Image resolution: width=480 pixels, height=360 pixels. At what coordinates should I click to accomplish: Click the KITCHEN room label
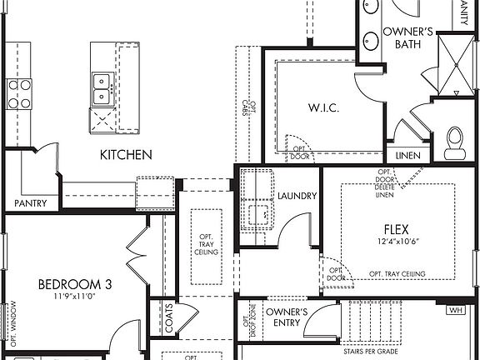pyautogui.click(x=126, y=154)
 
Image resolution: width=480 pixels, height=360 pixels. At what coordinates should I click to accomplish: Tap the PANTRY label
pyautogui.click(x=31, y=203)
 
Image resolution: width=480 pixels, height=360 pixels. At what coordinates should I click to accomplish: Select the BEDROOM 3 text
pyautogui.click(x=75, y=284)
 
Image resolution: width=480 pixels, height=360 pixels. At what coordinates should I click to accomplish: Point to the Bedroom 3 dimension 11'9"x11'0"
pyautogui.click(x=75, y=296)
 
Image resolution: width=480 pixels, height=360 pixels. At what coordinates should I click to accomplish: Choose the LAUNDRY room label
pyautogui.click(x=297, y=196)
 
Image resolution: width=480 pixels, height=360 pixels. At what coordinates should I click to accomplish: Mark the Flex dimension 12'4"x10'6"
pyautogui.click(x=397, y=241)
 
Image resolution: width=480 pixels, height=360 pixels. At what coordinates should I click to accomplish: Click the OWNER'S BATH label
pyautogui.click(x=407, y=39)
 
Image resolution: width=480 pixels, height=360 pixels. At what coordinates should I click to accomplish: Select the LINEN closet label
pyautogui.click(x=408, y=156)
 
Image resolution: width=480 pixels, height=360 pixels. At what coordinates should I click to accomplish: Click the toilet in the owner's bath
pyautogui.click(x=455, y=142)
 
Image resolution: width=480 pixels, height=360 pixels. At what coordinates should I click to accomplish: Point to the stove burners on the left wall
pyautogui.click(x=19, y=93)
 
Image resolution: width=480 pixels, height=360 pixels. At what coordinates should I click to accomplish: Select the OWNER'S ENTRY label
pyautogui.click(x=287, y=317)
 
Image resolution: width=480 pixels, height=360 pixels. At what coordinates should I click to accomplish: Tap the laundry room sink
pyautogui.click(x=262, y=215)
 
